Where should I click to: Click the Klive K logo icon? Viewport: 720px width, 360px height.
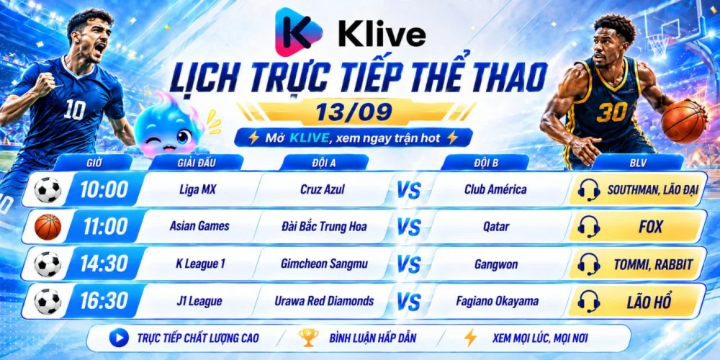click(299, 32)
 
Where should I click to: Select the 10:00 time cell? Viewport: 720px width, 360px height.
click(104, 189)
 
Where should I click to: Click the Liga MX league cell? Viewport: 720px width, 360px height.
click(198, 189)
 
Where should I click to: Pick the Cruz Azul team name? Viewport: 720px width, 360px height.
click(323, 189)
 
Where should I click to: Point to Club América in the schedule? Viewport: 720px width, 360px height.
click(495, 189)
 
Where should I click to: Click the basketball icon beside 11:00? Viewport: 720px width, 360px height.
click(48, 227)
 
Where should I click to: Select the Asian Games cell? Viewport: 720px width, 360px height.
click(199, 226)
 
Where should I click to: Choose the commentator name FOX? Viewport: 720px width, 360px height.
click(651, 227)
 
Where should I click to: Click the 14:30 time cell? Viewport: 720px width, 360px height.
click(104, 264)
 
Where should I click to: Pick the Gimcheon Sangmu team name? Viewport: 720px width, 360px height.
click(324, 264)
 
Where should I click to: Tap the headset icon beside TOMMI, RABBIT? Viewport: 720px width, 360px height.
click(589, 264)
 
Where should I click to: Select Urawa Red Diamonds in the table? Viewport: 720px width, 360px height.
click(324, 301)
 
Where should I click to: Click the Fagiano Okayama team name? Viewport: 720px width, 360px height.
click(498, 301)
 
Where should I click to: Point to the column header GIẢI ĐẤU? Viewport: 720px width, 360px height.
click(196, 162)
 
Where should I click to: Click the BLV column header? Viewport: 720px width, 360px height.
click(637, 162)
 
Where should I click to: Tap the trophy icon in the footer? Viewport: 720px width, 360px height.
click(309, 338)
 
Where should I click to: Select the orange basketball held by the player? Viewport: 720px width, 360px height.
click(684, 122)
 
